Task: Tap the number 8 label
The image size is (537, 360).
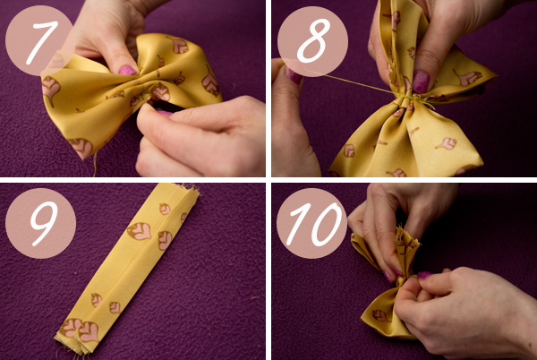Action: (x=313, y=41)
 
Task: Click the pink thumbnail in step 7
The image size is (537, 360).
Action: (x=127, y=70)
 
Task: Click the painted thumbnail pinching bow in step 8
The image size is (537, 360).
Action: (x=421, y=81)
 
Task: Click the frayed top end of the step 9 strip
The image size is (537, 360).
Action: (x=187, y=190)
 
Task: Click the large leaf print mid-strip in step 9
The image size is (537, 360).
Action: (x=140, y=231)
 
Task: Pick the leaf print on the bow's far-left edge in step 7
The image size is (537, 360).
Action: (x=50, y=89)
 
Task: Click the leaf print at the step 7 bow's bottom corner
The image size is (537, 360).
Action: (x=81, y=147)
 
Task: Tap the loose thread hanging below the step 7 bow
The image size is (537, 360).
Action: (x=95, y=165)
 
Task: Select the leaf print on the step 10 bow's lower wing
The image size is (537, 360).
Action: (x=381, y=315)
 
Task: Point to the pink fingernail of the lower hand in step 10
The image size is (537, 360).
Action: (x=424, y=275)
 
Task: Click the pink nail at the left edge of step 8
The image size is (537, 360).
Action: (x=294, y=75)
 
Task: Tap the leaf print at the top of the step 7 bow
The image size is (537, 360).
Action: (x=178, y=45)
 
